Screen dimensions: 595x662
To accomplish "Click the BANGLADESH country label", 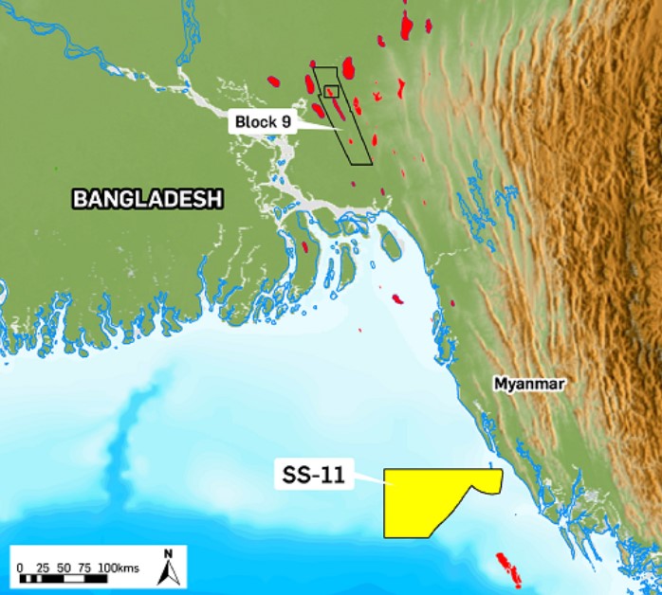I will point(147,199).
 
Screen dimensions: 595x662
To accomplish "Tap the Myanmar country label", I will point(528,384).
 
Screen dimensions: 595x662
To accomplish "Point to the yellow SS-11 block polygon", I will point(427,502).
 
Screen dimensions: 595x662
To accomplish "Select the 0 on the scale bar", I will point(20,567).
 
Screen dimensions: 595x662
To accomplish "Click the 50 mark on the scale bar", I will point(63,567).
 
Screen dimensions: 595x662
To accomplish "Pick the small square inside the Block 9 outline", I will point(331,91).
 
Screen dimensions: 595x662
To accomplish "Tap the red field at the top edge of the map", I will point(408,25).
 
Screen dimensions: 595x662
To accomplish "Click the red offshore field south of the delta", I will point(398,299).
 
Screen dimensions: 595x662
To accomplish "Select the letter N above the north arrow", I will point(168,553).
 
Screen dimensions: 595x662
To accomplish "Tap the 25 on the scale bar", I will point(42,567).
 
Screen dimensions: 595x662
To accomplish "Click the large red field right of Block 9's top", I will point(348,67).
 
